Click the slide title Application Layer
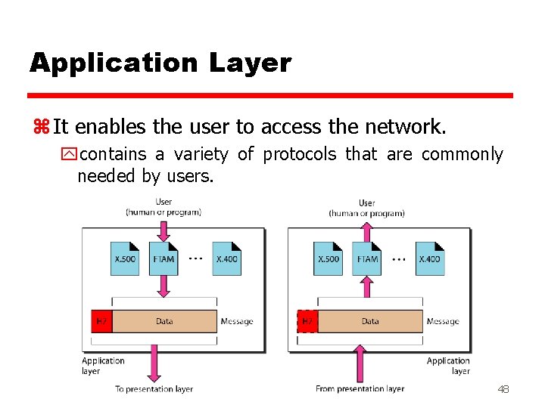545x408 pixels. point(160,63)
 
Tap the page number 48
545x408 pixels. point(503,389)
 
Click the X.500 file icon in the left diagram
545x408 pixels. point(125,258)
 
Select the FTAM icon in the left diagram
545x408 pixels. point(163,258)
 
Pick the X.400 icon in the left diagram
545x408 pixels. point(226,258)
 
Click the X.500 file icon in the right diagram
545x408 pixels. point(328,258)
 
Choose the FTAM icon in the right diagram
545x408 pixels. point(367,258)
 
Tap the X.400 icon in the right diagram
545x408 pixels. point(429,258)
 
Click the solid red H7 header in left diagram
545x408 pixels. point(101,321)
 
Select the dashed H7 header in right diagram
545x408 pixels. point(307,321)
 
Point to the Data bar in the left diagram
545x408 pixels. point(164,321)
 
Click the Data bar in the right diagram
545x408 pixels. point(370,321)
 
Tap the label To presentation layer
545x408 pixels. point(154,389)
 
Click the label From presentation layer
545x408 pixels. point(360,389)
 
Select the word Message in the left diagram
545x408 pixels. point(237,321)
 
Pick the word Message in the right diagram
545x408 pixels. point(443,321)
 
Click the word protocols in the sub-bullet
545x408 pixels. point(301,155)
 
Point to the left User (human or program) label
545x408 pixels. point(163,207)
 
